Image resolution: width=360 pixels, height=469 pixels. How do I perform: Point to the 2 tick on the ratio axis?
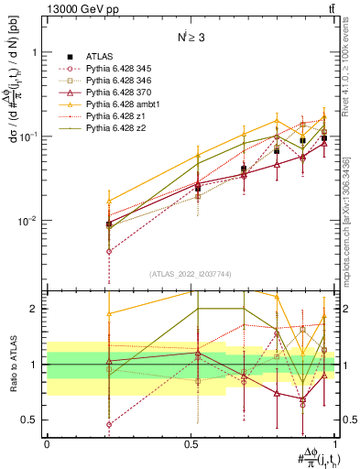(36, 309)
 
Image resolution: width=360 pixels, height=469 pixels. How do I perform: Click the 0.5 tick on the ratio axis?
(32, 420)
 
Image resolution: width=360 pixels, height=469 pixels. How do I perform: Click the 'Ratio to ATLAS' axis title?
(12, 364)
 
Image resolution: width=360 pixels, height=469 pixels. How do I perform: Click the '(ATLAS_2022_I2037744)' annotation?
(191, 275)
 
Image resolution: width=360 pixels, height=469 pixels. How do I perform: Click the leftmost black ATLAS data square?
(109, 224)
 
